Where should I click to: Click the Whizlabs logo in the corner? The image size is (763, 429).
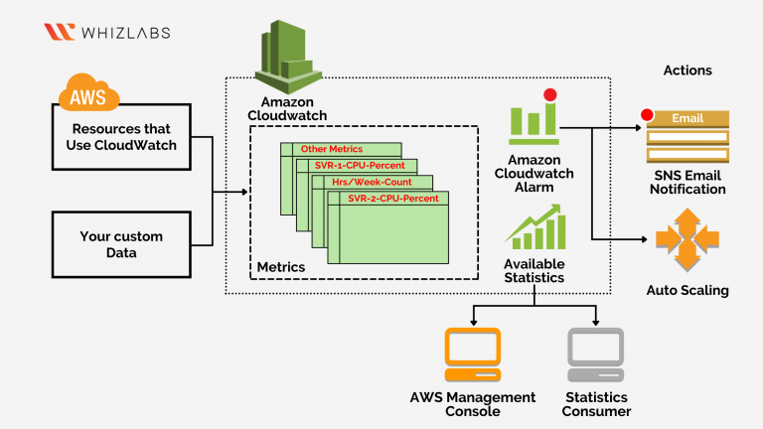(106, 32)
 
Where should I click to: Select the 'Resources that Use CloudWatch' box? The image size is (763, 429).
(120, 136)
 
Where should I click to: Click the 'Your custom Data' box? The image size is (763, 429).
(120, 244)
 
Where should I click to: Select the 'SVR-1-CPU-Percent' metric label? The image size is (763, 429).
(360, 165)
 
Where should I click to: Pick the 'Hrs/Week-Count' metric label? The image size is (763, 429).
(373, 182)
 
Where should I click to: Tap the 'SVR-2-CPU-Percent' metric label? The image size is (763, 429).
(392, 199)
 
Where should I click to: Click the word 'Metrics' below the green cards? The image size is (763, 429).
(281, 267)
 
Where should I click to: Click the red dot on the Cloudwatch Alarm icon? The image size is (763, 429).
(549, 95)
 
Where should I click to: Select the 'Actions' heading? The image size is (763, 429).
(687, 71)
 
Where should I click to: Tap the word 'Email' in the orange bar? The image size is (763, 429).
(687, 118)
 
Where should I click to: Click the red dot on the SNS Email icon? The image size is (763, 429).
(649, 114)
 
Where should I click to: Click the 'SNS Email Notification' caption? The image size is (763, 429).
(687, 182)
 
